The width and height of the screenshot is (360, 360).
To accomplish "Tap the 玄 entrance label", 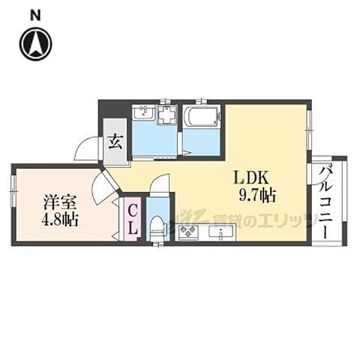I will pyautogui.click(x=115, y=140).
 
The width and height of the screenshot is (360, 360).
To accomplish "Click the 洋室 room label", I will pyautogui.click(x=58, y=203).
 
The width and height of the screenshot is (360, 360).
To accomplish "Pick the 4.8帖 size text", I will pyautogui.click(x=60, y=221).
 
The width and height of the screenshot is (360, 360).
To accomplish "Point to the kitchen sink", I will pyautogui.click(x=222, y=235).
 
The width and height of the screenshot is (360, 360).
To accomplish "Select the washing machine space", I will pyautogui.click(x=166, y=116).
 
